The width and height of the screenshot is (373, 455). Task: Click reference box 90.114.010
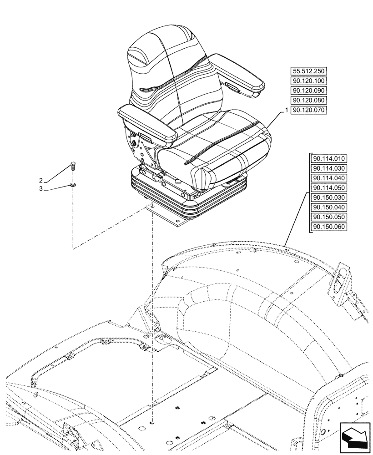point(329,159)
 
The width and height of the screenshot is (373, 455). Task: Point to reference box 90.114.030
point(329,168)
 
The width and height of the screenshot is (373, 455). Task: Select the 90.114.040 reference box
point(329,178)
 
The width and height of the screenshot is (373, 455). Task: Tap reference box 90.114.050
point(329,188)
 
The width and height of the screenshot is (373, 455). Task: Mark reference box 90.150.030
point(329,197)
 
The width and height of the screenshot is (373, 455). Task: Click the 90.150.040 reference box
point(329,207)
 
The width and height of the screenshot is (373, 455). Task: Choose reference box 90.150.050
point(329,217)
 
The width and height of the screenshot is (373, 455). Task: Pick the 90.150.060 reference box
point(329,227)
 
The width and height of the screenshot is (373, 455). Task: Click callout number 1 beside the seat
point(286,111)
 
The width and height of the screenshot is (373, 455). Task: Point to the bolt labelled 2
point(73,166)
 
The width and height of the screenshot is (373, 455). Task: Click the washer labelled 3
point(73,185)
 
